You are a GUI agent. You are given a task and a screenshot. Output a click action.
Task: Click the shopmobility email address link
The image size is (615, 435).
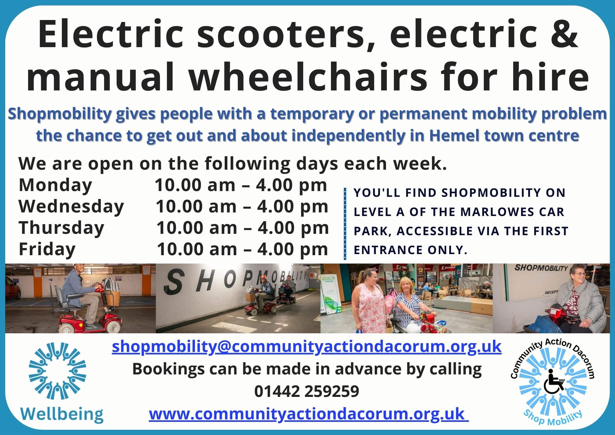[307, 346]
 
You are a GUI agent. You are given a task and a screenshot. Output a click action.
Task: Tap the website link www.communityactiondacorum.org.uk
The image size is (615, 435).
[309, 414]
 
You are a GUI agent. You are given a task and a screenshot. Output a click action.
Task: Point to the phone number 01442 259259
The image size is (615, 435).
[307, 391]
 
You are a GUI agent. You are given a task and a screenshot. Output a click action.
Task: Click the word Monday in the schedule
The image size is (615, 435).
[55, 186]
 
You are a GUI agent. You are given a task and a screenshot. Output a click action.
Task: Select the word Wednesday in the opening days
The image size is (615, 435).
[71, 206]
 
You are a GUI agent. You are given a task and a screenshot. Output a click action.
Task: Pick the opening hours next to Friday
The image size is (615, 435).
[242, 249]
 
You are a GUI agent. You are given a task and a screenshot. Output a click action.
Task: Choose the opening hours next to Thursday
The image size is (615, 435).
[242, 228]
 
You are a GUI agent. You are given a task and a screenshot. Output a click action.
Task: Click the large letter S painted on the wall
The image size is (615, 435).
[175, 281]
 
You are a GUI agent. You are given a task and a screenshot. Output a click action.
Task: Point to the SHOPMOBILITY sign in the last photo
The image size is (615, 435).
[541, 268]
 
